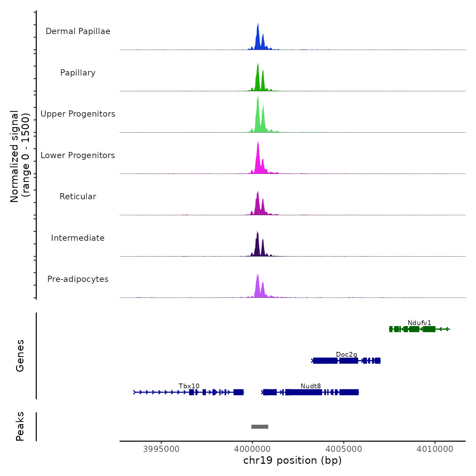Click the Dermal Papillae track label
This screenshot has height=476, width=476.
click(x=78, y=31)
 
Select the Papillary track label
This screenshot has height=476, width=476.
click(x=78, y=73)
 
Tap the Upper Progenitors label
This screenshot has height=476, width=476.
click(x=78, y=114)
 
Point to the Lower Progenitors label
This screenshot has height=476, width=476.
click(x=78, y=155)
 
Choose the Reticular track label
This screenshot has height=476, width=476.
click(x=78, y=197)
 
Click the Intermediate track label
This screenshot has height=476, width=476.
click(x=78, y=238)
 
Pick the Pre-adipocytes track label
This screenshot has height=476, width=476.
click(x=78, y=279)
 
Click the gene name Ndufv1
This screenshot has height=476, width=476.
click(x=419, y=323)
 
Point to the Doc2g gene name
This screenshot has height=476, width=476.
click(x=346, y=355)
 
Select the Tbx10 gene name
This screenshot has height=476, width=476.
click(x=189, y=386)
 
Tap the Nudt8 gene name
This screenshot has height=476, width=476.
click(x=311, y=386)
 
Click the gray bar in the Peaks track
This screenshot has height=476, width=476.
click(x=260, y=427)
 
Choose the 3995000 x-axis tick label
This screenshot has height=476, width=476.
click(x=161, y=449)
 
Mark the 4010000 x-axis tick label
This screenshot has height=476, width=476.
click(x=435, y=449)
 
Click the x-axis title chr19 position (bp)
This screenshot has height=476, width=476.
click(x=292, y=460)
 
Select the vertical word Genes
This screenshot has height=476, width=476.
click(x=20, y=356)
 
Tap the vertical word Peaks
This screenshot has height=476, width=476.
click(x=20, y=426)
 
